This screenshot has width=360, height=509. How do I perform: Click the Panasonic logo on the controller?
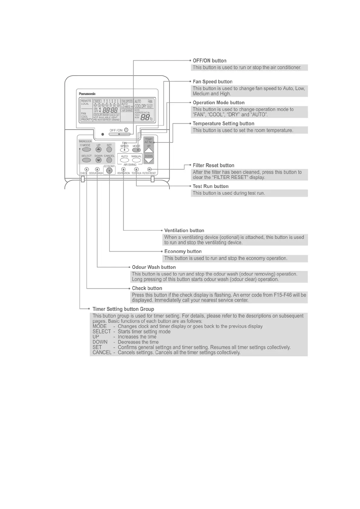[x=87, y=94]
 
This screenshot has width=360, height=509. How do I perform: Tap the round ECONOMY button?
[x=110, y=171]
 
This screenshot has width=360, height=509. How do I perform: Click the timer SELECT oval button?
[x=87, y=160]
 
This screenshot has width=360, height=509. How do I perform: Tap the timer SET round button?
[x=109, y=150]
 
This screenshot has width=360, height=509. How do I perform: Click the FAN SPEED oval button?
[x=124, y=150]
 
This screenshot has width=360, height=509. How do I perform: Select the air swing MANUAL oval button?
[x=136, y=160]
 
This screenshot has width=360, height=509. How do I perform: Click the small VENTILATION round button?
[x=123, y=170]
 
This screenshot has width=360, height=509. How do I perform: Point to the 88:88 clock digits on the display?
[x=110, y=110]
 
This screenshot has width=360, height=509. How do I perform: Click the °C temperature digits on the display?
[x=146, y=118]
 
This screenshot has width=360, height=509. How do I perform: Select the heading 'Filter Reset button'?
[x=213, y=165]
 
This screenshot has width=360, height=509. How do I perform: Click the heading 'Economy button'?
[x=183, y=251]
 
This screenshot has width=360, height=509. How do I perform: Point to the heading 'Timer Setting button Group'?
[x=123, y=309]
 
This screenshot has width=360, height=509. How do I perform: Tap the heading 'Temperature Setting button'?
[x=223, y=124]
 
